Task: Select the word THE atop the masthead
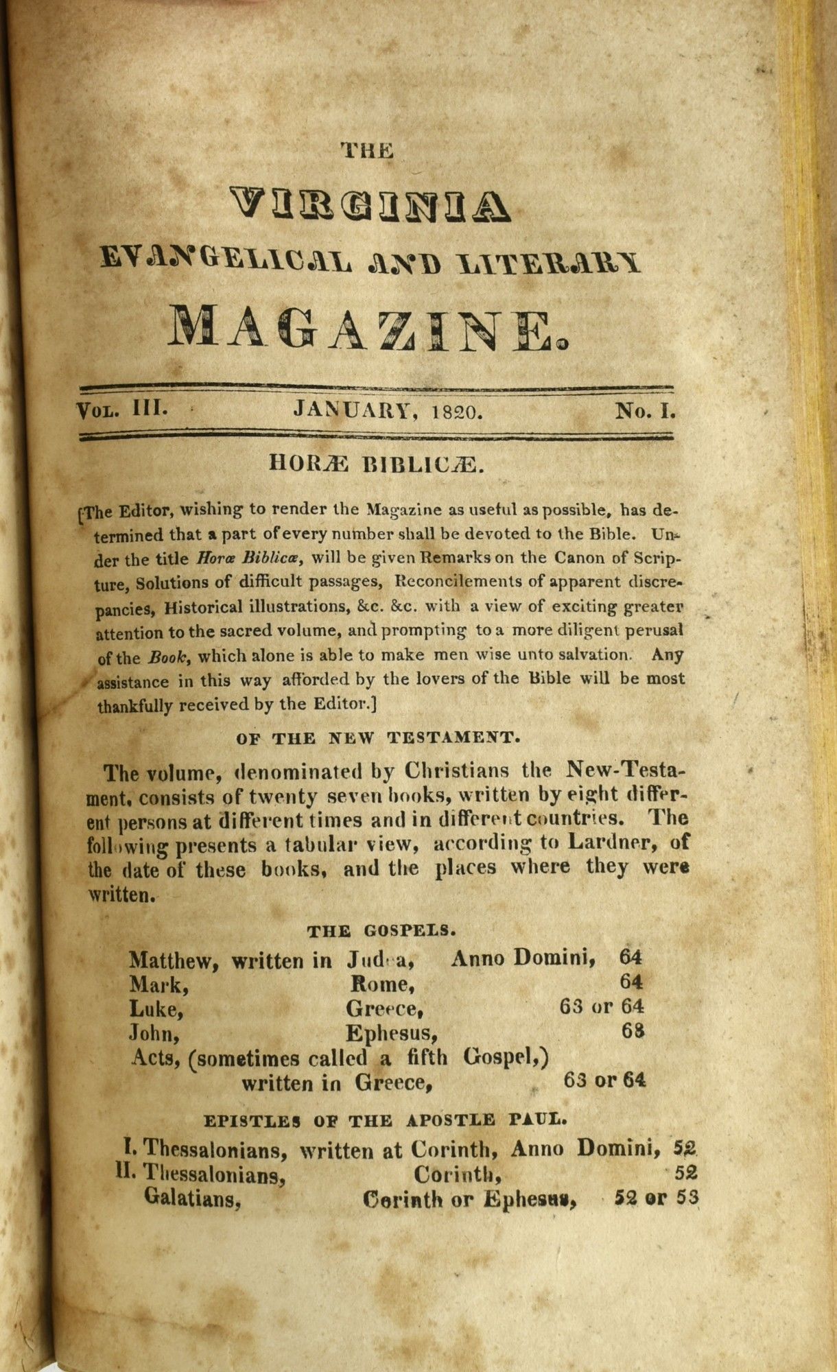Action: click(x=368, y=150)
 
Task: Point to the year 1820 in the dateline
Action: click(x=459, y=412)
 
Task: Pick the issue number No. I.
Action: click(x=646, y=411)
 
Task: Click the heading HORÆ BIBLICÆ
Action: click(x=377, y=464)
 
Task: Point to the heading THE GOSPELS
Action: click(x=381, y=932)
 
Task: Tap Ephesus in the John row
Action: click(x=391, y=1034)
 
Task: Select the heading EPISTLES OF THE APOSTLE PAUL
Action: click(x=386, y=1121)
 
